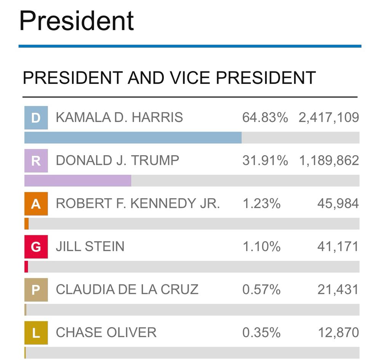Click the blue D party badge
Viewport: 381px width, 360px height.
(x=36, y=118)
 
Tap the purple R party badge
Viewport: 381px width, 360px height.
(x=36, y=161)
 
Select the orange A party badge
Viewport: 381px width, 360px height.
(x=36, y=204)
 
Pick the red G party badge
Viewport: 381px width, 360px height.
(x=36, y=247)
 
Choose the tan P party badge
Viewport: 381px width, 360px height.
(x=36, y=290)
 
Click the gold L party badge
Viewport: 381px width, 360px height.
(x=36, y=333)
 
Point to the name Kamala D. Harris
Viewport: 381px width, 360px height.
(x=119, y=117)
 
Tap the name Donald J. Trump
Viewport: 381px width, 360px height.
(x=117, y=161)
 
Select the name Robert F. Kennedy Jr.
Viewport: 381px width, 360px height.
(x=138, y=204)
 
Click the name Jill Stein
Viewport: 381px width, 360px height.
(x=90, y=247)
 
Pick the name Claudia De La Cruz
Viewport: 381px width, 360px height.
(x=127, y=290)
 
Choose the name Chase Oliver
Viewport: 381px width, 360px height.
(x=106, y=333)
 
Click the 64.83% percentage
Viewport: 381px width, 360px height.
(x=265, y=117)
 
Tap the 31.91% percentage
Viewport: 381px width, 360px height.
(x=265, y=161)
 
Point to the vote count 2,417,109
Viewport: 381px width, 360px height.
(x=329, y=117)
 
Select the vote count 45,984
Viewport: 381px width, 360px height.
(x=338, y=204)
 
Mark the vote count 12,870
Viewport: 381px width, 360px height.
(x=338, y=333)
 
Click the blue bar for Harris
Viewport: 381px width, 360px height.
(x=133, y=138)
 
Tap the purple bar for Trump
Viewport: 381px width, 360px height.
(x=78, y=181)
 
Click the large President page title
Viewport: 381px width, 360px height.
(x=77, y=21)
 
